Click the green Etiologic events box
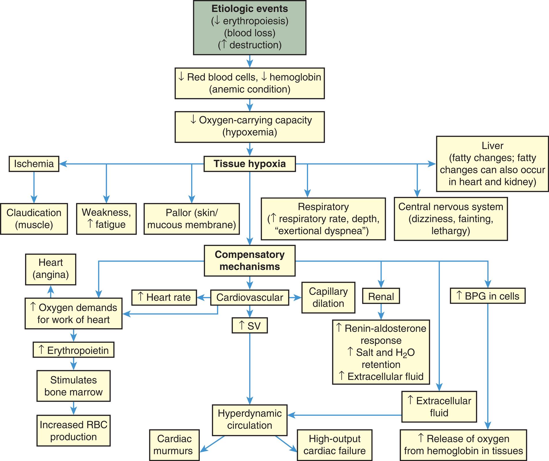[250, 27]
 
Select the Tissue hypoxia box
[250, 164]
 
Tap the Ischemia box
[34, 164]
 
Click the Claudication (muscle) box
[34, 219]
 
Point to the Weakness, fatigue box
[106, 219]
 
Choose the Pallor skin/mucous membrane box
[191, 219]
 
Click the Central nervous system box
[451, 219]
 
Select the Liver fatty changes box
[492, 164]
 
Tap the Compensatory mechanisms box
[250, 261]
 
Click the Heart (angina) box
[51, 269]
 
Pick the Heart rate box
[164, 297]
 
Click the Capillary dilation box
[328, 298]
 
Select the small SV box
[250, 325]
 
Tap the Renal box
[381, 296]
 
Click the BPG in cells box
[487, 296]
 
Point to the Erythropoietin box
[73, 350]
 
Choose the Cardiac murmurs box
[174, 445]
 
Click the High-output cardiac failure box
[335, 445]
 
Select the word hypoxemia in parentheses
[250, 132]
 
